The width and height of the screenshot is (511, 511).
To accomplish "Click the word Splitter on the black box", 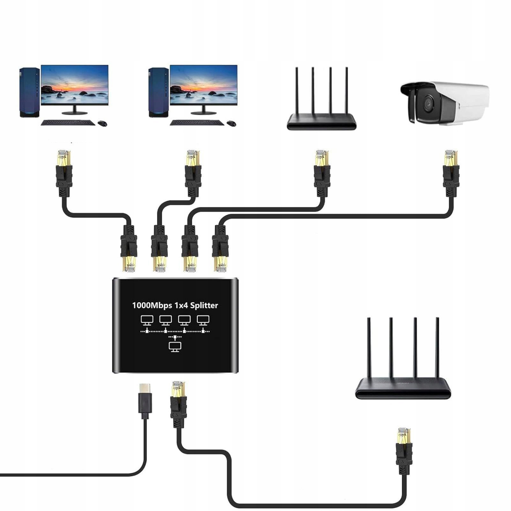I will click(204, 305).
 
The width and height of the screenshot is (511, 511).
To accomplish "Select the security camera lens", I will click(426, 103).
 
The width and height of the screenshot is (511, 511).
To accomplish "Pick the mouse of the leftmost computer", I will click(102, 123).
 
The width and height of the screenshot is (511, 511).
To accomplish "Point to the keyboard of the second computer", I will click(197, 123).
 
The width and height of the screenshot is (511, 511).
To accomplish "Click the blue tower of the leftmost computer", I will click(29, 92).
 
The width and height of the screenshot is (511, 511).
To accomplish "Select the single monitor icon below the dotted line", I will click(175, 347).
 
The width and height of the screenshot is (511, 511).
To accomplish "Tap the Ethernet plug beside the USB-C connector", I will click(178, 404).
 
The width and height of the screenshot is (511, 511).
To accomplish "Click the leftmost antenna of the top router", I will click(297, 91).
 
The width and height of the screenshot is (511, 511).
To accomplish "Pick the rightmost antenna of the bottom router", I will click(437, 348).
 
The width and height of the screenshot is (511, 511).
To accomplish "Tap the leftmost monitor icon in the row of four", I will click(147, 320).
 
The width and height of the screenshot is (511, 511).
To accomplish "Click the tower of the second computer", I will click(158, 92).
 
